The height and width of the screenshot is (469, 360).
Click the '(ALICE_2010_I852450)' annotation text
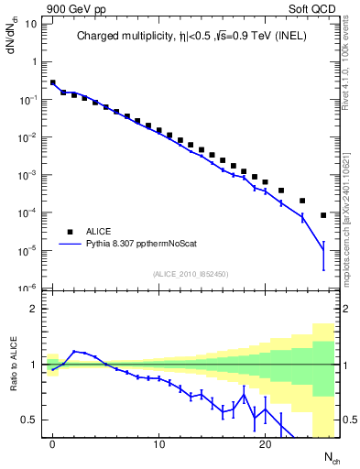coord(191,274)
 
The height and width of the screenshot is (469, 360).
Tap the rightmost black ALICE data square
coord(323,215)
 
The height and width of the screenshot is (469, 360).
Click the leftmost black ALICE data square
coord(53,82)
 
